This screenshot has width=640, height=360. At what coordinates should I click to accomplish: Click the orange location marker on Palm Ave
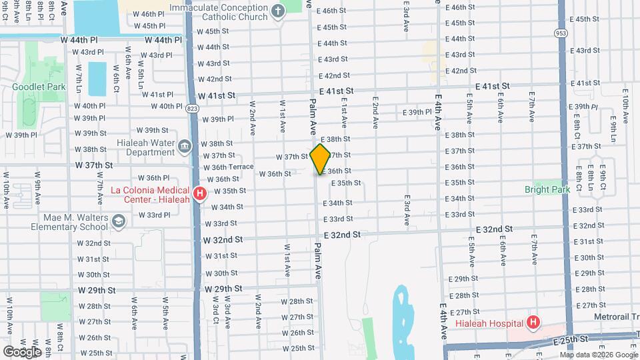pyautogui.click(x=321, y=159)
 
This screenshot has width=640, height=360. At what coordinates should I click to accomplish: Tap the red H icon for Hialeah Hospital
pyautogui.click(x=533, y=323)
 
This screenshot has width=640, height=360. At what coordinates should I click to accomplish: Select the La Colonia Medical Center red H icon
pyautogui.click(x=199, y=195)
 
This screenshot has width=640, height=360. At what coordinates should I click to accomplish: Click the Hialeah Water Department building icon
pyautogui.click(x=185, y=145)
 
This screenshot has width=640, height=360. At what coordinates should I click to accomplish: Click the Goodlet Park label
pyautogui.click(x=38, y=87)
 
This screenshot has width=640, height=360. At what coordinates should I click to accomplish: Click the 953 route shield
pyautogui.click(x=561, y=33)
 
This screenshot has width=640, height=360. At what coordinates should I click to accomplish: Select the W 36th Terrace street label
pyautogui.click(x=228, y=167)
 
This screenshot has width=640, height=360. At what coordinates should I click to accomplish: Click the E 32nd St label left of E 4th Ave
pyautogui.click(x=342, y=235)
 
